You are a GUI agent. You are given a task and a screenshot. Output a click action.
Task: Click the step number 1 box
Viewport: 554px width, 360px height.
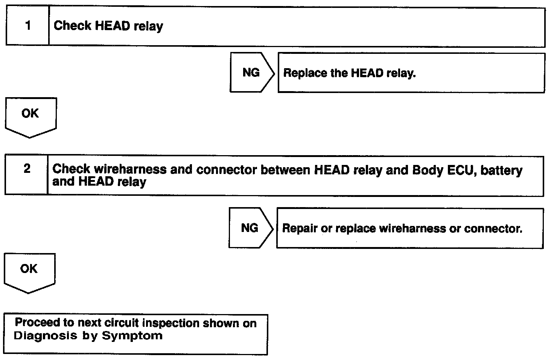pos(27,26)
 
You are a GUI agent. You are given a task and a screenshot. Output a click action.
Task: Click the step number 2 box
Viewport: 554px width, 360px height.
pos(26,175)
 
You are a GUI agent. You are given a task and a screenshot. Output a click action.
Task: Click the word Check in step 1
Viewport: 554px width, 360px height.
pos(72,26)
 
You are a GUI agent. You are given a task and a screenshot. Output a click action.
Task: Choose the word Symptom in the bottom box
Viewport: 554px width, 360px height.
pos(132,336)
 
